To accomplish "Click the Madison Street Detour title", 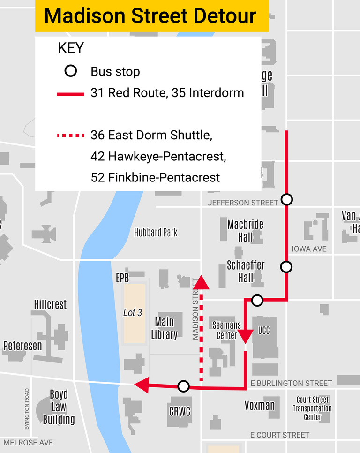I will (150, 16).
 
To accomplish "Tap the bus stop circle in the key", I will (70, 72).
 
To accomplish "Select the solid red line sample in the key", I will (71, 94).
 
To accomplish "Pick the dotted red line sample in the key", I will (71, 136).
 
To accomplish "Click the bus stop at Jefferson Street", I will (287, 200).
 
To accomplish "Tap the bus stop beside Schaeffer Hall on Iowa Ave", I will (286, 267).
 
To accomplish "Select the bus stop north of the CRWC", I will (184, 386).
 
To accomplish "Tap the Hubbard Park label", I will (156, 233).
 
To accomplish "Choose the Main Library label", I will (164, 328).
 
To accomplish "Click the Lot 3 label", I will (133, 312).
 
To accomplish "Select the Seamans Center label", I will (227, 330).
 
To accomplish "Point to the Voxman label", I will (259, 405).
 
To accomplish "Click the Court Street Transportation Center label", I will (313, 408).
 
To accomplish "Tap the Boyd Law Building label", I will (59, 407).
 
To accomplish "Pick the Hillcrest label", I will (51, 304).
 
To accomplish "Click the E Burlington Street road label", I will (291, 384).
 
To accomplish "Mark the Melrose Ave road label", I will (28, 443).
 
